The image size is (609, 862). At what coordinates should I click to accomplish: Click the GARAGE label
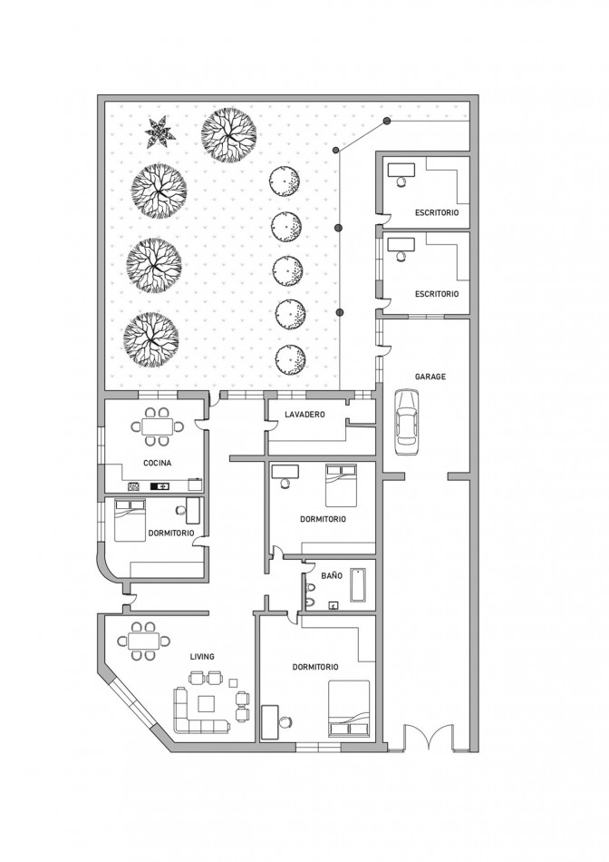pyautogui.click(x=430, y=377)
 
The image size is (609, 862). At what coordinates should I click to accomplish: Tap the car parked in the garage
pyautogui.click(x=406, y=422)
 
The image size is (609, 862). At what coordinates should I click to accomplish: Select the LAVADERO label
pyautogui.click(x=304, y=414)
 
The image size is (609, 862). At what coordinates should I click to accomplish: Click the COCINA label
pyautogui.click(x=157, y=463)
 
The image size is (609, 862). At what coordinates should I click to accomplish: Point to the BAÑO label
pyautogui.click(x=332, y=575)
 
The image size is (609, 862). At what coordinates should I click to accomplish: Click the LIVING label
pyautogui.click(x=202, y=656)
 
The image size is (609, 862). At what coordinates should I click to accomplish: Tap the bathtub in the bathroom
pyautogui.click(x=358, y=584)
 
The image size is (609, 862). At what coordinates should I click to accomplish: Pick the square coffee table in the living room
pyautogui.click(x=207, y=704)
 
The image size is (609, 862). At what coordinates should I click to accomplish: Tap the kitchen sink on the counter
pyautogui.click(x=160, y=486)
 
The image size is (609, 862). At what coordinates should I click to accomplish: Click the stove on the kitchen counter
pyautogui.click(x=134, y=486)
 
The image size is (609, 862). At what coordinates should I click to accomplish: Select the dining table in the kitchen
pyautogui.click(x=157, y=426)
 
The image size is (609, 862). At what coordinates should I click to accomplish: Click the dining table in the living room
pyautogui.click(x=143, y=641)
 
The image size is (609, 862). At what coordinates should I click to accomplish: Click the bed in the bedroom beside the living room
pyautogui.click(x=349, y=708)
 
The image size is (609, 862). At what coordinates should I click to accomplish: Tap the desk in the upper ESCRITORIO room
pyautogui.click(x=401, y=170)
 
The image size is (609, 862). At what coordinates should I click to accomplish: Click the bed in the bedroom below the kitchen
pyautogui.click(x=130, y=520)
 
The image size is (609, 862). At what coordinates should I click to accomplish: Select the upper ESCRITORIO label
pyautogui.click(x=437, y=212)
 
